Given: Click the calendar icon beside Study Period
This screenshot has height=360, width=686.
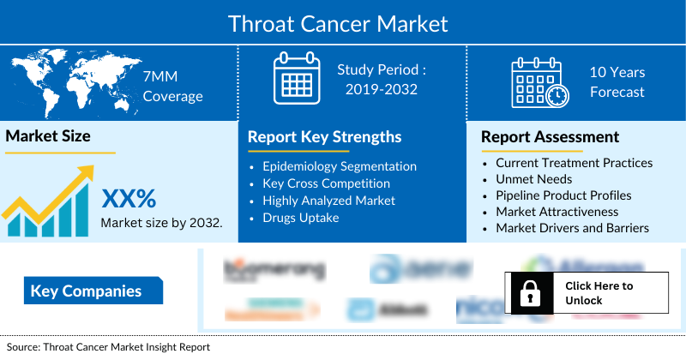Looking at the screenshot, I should [296, 79].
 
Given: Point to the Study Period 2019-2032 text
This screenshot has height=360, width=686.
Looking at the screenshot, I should [381, 79].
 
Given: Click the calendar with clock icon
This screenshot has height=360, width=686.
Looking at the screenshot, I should [539, 83].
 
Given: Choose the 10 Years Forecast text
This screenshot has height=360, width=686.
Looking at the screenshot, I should [617, 83].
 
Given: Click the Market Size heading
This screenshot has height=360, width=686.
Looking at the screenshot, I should [48, 135].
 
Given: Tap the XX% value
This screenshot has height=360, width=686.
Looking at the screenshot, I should [129, 199].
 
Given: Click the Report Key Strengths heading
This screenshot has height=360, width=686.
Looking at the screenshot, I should [324, 137].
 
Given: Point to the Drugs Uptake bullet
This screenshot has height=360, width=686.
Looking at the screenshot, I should [300, 218].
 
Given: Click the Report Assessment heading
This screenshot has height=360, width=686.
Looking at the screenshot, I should [550, 137].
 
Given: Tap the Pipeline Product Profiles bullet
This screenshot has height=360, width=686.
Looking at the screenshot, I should [563, 195].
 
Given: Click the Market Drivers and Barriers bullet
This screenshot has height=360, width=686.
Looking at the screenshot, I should [572, 228].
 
